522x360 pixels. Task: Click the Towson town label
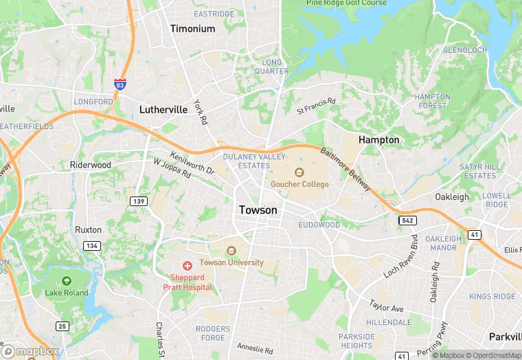pyautogui.click(x=258, y=210)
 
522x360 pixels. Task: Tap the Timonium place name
pyautogui.click(x=192, y=29)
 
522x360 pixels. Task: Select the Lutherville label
pyautogui.click(x=163, y=109)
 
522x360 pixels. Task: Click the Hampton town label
pyautogui.click(x=378, y=139)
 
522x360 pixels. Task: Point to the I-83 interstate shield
pyautogui.click(x=120, y=85)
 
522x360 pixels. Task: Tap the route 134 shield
pyautogui.click(x=92, y=245)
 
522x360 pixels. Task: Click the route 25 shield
pyautogui.click(x=63, y=326)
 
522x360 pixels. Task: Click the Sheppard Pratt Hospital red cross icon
pyautogui.click(x=187, y=265)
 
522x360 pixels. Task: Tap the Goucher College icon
pyautogui.click(x=299, y=172)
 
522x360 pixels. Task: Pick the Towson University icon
pyautogui.click(x=231, y=251)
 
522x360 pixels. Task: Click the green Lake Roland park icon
pyautogui.click(x=67, y=281)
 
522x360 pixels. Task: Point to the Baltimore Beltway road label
pyautogui.click(x=347, y=167)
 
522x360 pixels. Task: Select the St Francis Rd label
pyautogui.click(x=316, y=106)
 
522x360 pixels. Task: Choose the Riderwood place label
pyautogui.click(x=91, y=165)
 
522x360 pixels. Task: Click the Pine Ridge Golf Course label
pyautogui.click(x=346, y=3)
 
